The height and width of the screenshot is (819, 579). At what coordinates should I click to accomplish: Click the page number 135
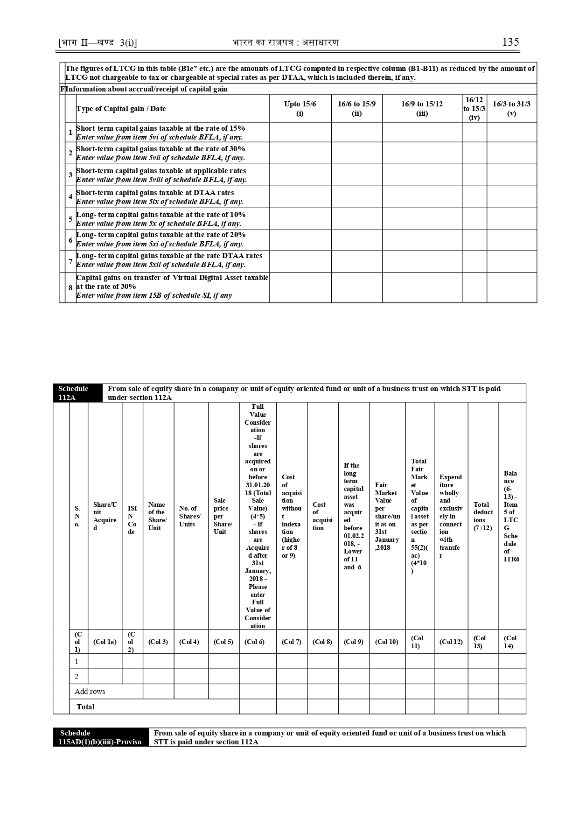coord(510,42)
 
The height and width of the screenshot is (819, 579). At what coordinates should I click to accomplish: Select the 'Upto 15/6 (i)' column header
coord(300,108)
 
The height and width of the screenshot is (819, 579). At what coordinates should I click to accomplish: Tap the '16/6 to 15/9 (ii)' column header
coord(356,108)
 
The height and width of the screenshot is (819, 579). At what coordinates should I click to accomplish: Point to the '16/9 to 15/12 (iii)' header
coord(422,108)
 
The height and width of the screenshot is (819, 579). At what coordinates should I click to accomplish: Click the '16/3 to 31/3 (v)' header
coord(511,108)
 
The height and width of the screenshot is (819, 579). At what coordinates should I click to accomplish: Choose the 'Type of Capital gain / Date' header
coord(121,109)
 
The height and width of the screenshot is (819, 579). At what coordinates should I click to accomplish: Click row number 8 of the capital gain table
coord(70,288)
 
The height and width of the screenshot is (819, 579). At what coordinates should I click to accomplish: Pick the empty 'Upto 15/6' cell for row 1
coord(300,133)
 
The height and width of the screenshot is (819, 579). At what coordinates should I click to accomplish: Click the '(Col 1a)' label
coord(105,642)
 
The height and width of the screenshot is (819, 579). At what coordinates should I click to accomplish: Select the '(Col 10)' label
coord(387,642)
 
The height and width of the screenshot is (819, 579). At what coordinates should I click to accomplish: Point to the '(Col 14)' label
coord(510,642)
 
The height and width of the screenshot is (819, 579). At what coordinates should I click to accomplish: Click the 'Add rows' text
coord(90,691)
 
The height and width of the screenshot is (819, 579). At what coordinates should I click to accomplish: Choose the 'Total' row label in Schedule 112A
coord(85,707)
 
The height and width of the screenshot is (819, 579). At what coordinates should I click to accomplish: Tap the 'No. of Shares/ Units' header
coord(190,516)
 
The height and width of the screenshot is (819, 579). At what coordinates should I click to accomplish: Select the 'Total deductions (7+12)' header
coord(483,516)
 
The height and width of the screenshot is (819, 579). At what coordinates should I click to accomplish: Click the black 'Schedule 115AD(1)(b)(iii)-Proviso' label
coord(101,737)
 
